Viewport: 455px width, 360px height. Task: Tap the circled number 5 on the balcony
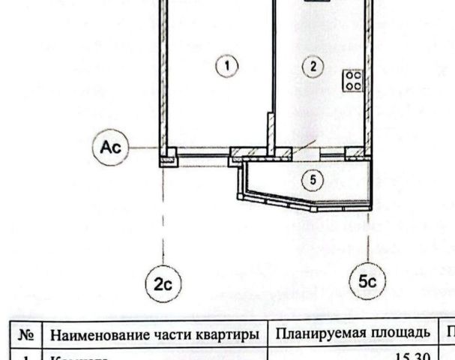pyautogui.click(x=313, y=179)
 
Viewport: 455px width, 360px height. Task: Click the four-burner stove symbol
pyautogui.click(x=352, y=80)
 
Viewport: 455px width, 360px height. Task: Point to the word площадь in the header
pyautogui.click(x=400, y=333)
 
